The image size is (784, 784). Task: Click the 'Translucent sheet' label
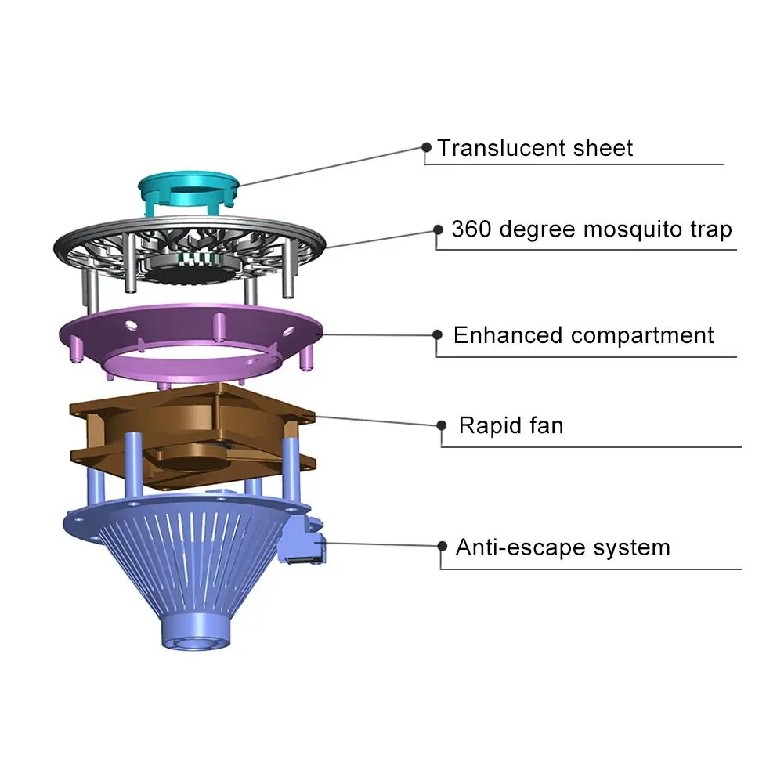[535, 147]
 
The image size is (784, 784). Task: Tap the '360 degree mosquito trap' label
[591, 229]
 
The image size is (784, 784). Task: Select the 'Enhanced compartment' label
[583, 335]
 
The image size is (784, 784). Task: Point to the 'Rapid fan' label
[511, 425]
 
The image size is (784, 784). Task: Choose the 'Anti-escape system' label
[562, 547]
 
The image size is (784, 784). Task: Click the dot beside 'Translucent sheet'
[427, 146]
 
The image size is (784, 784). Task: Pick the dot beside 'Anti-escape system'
[442, 546]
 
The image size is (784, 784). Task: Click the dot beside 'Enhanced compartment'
[437, 334]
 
